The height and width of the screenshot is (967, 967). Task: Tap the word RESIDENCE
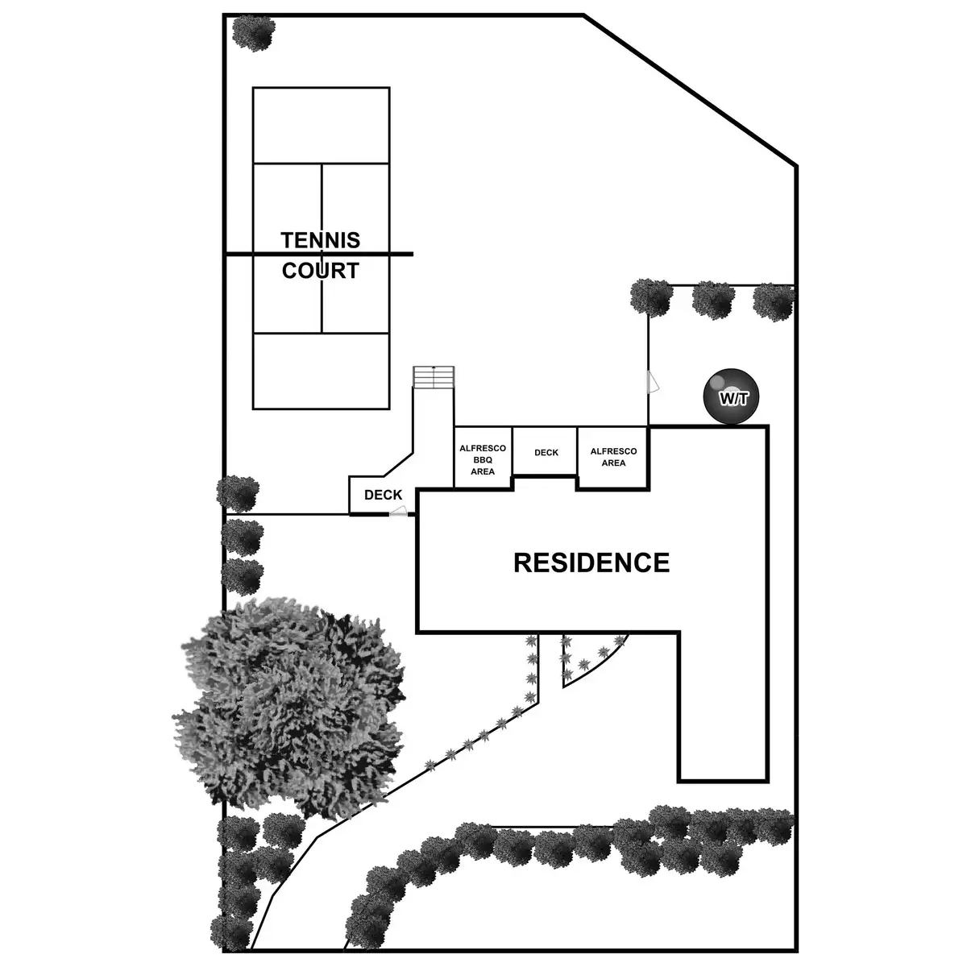pos(591,562)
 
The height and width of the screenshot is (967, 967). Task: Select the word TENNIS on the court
pos(321,240)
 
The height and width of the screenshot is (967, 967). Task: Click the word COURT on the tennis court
pos(321,271)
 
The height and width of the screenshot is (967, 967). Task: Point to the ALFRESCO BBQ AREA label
pos(483,459)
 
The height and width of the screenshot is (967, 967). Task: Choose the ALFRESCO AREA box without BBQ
pos(613,457)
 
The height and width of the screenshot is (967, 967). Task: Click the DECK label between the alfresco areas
pos(546,453)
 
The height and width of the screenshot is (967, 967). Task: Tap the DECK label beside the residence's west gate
pos(383,495)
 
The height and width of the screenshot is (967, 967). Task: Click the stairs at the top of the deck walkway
pos(434,376)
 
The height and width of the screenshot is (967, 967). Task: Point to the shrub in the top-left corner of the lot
pos(253,32)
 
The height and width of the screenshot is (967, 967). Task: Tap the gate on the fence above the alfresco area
pos(653,382)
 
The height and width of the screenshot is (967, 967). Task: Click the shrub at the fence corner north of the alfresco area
pos(650,297)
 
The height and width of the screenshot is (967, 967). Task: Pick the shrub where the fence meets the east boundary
pos(774,301)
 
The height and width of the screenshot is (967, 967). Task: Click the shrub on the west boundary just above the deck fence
pos(238,492)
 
